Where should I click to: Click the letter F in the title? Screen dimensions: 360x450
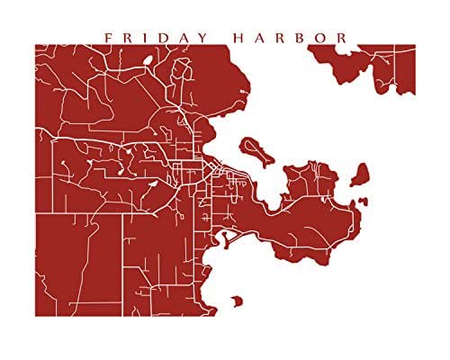pos(108,38)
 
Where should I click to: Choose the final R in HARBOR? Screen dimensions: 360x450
pos(344,38)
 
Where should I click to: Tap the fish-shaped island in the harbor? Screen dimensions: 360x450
pos(255,149)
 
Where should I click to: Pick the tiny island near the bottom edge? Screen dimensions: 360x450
pos(238,301)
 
